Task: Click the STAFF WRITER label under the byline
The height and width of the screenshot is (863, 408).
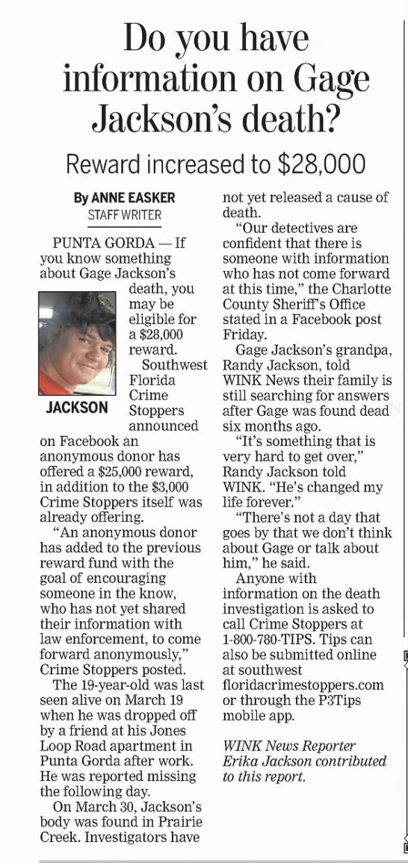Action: point(124,214)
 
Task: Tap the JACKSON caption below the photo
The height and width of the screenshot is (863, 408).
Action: point(76,408)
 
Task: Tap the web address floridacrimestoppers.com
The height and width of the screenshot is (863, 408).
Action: point(303,685)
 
